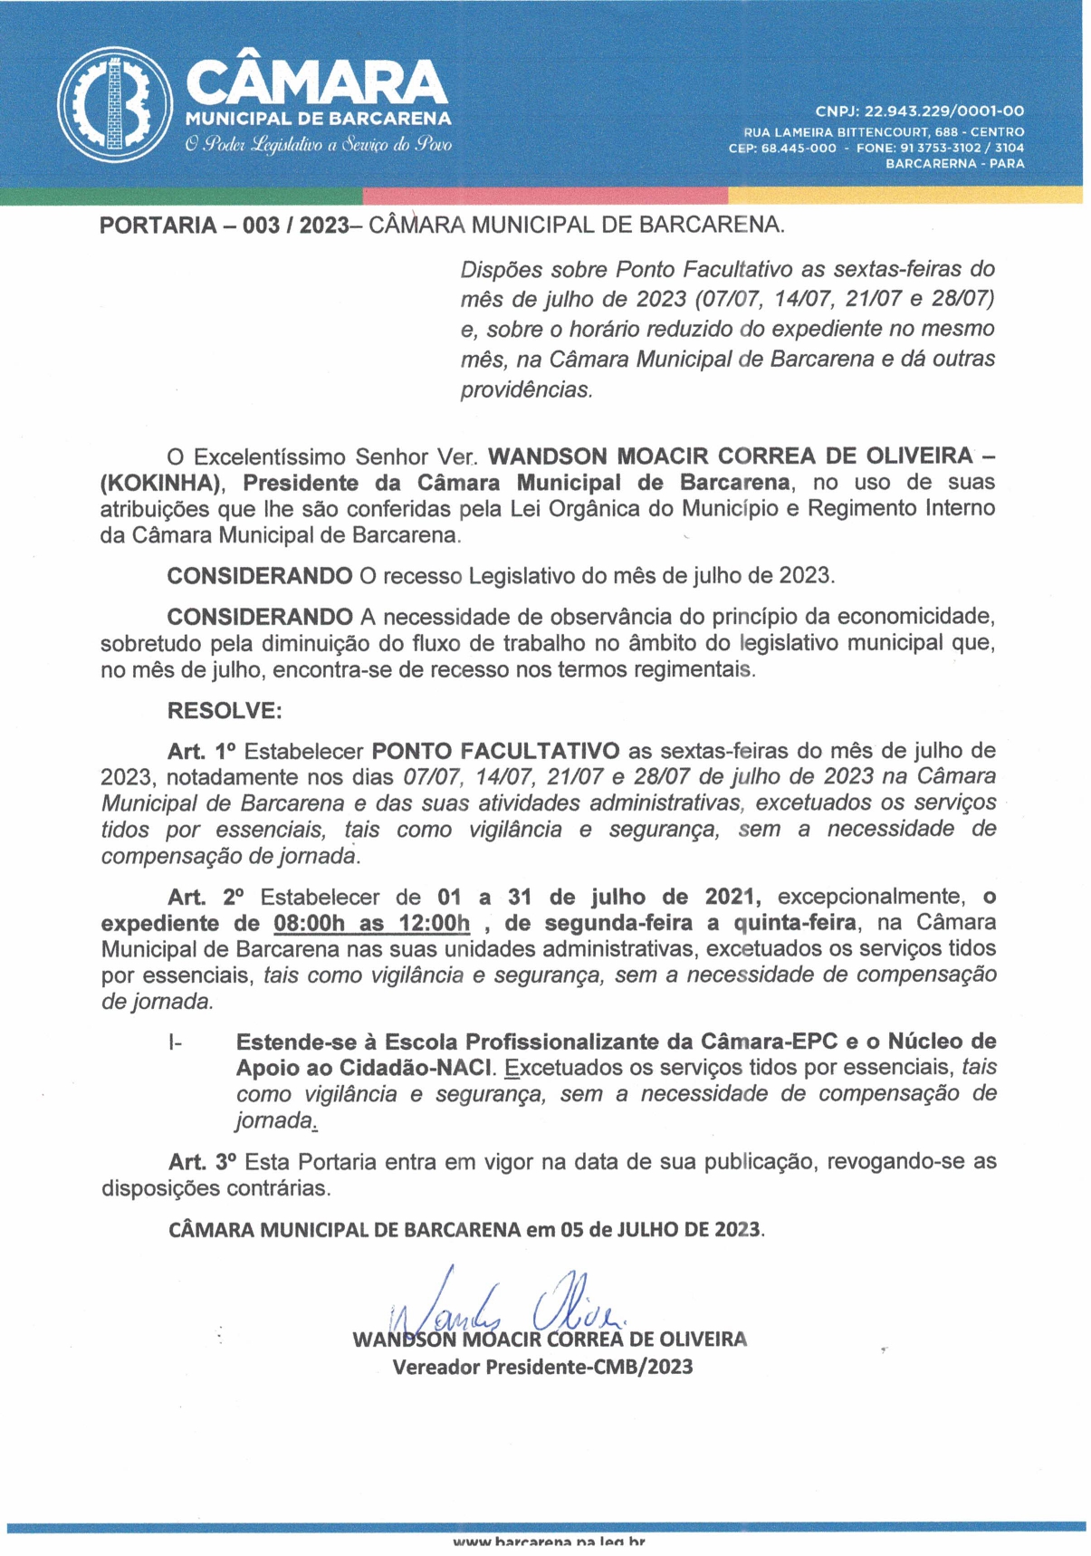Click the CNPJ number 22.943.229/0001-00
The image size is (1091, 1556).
[944, 111]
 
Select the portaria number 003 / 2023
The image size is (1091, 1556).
[295, 226]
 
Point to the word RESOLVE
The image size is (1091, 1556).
[225, 710]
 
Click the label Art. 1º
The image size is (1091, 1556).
[201, 751]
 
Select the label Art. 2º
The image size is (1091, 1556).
[206, 898]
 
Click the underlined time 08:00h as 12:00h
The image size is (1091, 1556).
[371, 924]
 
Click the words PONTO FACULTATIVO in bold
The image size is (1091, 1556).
[495, 751]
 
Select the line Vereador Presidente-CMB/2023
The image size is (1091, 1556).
[542, 1367]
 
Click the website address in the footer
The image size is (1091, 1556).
[549, 1542]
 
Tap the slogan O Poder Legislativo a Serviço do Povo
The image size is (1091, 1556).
[318, 145]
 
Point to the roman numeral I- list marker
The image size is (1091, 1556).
[175, 1042]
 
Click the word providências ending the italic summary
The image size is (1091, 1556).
[526, 390]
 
